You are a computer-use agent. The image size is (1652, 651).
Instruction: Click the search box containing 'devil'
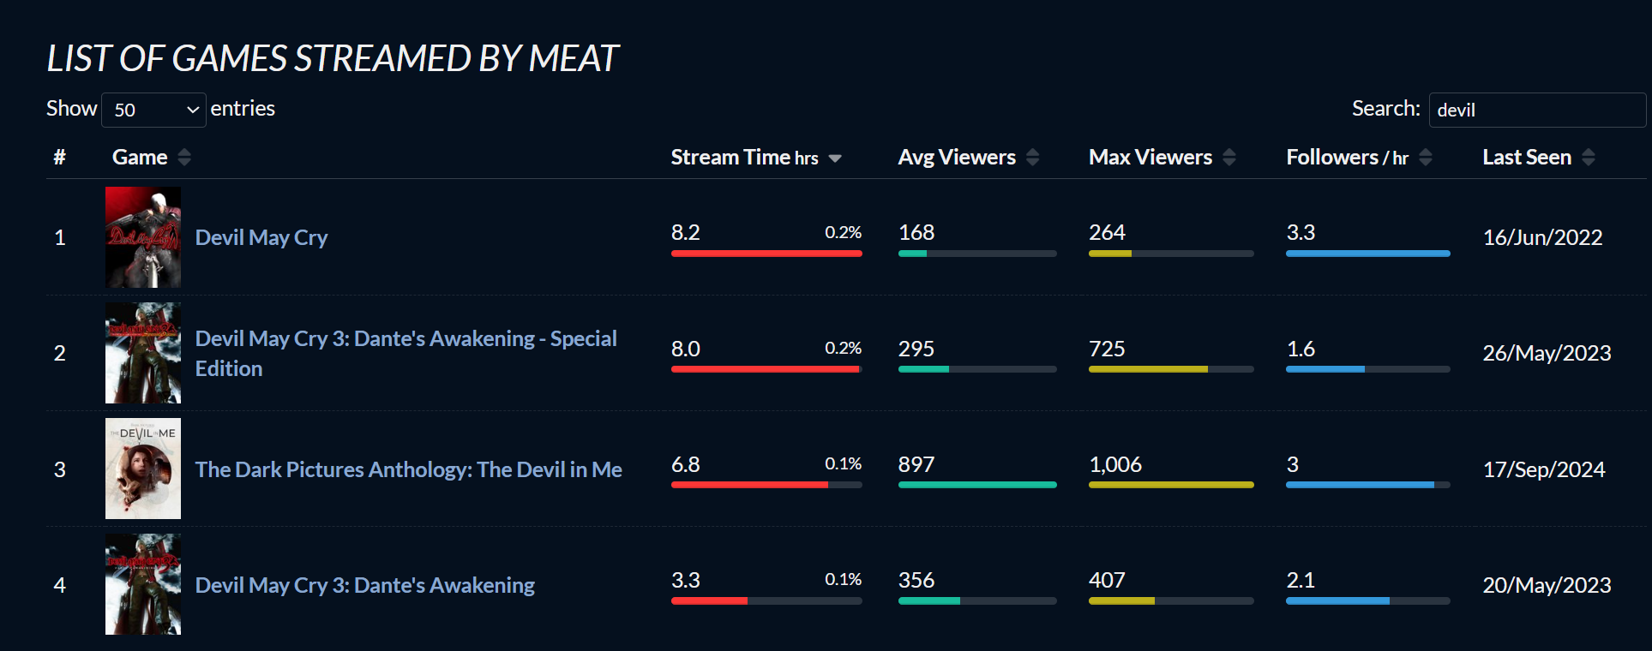(x=1536, y=110)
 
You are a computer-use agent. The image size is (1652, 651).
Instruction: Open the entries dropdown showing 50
(x=153, y=110)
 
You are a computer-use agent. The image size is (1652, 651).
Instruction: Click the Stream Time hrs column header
(x=744, y=158)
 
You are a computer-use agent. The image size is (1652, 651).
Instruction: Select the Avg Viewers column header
(x=957, y=158)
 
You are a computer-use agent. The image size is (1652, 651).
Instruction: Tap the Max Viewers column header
(x=1150, y=158)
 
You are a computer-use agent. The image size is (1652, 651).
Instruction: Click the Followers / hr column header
(x=1347, y=158)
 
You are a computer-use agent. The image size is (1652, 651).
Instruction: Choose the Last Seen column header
(x=1527, y=158)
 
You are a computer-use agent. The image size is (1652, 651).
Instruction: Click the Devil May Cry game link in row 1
(x=261, y=237)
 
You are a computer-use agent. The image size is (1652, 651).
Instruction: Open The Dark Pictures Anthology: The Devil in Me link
(x=408, y=469)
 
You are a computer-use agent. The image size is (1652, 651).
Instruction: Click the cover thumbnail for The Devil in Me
(x=143, y=469)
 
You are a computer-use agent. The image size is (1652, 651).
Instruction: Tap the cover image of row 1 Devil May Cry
(x=143, y=237)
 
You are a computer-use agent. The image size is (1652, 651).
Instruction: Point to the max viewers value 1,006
(x=1115, y=464)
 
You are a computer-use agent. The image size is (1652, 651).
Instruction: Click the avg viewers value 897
(x=916, y=464)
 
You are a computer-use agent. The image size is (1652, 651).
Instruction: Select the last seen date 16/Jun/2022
(x=1542, y=237)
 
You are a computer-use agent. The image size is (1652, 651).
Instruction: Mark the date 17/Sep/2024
(x=1544, y=469)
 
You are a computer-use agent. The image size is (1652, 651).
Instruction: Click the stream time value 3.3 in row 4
(x=686, y=580)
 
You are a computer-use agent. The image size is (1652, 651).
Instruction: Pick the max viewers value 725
(x=1107, y=349)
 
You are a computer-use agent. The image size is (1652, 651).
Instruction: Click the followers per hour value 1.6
(x=1301, y=349)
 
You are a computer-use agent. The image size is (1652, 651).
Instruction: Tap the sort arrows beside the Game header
(x=184, y=158)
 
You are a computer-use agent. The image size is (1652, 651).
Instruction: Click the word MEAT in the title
(x=574, y=58)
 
